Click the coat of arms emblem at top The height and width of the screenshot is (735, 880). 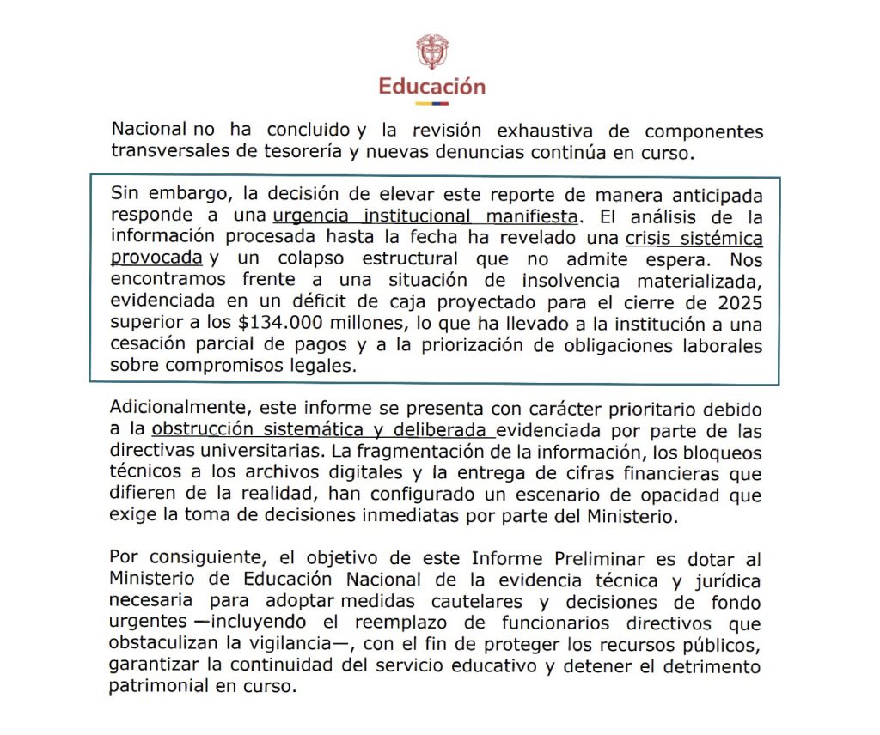point(432,52)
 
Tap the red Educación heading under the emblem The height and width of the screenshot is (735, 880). point(432,86)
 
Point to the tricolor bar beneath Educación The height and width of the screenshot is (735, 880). point(432,103)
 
